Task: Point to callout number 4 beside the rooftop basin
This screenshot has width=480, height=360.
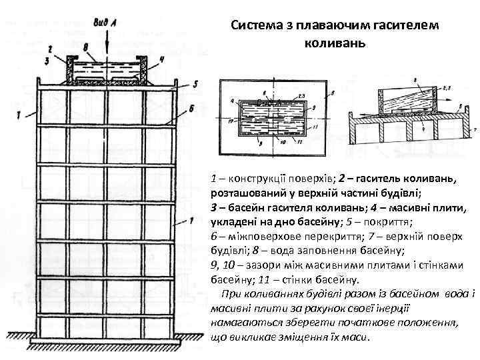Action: (x=161, y=58)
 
